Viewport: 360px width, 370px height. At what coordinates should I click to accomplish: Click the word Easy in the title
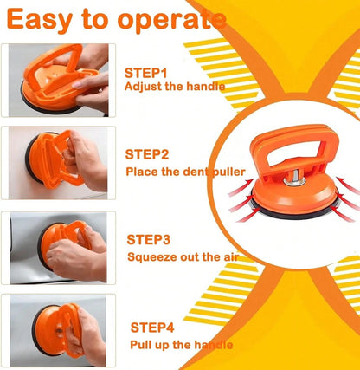(x=40, y=20)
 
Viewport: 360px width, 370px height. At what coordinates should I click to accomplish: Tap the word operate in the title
(x=172, y=20)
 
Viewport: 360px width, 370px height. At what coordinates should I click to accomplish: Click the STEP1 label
(x=145, y=73)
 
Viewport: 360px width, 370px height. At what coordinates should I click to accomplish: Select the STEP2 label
(x=147, y=154)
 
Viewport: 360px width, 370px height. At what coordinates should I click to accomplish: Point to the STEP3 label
(x=149, y=240)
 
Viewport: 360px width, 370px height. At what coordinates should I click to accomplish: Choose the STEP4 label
(x=152, y=328)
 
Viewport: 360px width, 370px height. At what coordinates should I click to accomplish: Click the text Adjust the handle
(x=175, y=87)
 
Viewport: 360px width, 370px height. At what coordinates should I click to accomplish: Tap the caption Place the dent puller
(x=185, y=172)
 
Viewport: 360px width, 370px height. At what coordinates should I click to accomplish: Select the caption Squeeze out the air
(x=183, y=256)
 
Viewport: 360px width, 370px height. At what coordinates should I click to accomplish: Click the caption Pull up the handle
(x=182, y=345)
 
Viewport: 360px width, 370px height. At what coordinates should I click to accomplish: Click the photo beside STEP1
(x=58, y=81)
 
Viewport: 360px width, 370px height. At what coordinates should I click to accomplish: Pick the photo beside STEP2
(x=58, y=163)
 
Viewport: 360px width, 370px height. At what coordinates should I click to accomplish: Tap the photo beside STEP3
(x=58, y=248)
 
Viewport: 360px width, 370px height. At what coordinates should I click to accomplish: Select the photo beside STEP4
(x=58, y=331)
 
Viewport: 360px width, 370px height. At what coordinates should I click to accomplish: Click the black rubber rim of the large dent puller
(x=294, y=215)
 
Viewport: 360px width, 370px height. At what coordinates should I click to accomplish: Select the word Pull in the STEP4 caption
(x=139, y=345)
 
